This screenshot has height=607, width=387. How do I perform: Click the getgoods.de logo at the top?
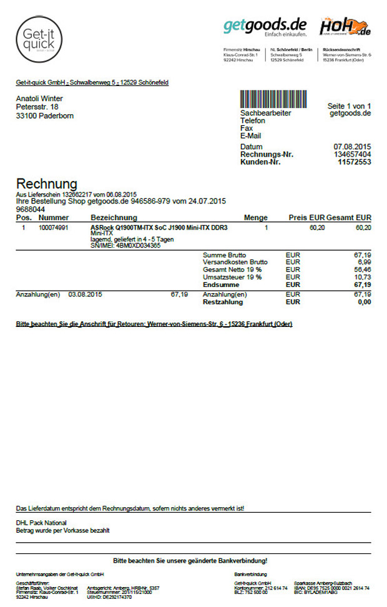[x=265, y=27]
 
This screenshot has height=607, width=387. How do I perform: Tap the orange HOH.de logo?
[x=345, y=27]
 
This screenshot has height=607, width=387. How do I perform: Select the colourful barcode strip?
[x=273, y=99]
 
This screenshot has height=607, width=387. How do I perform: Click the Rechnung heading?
[x=47, y=183]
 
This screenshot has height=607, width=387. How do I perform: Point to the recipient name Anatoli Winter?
[x=44, y=98]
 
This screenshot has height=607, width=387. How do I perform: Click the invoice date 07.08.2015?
[x=353, y=147]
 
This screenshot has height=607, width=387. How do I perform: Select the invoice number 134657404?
[x=353, y=154]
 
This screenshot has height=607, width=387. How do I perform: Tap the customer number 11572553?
[x=355, y=162]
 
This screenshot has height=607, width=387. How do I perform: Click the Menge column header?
[x=255, y=218]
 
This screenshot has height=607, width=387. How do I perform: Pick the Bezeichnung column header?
[x=110, y=218]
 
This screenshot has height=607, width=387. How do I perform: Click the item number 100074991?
[x=54, y=228]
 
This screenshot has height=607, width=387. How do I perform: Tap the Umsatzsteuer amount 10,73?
[x=362, y=277]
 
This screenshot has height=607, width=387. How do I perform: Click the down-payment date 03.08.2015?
[x=85, y=294]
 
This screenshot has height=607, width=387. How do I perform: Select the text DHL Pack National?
[x=41, y=523]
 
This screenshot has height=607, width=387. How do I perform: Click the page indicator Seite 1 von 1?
[x=350, y=106]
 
